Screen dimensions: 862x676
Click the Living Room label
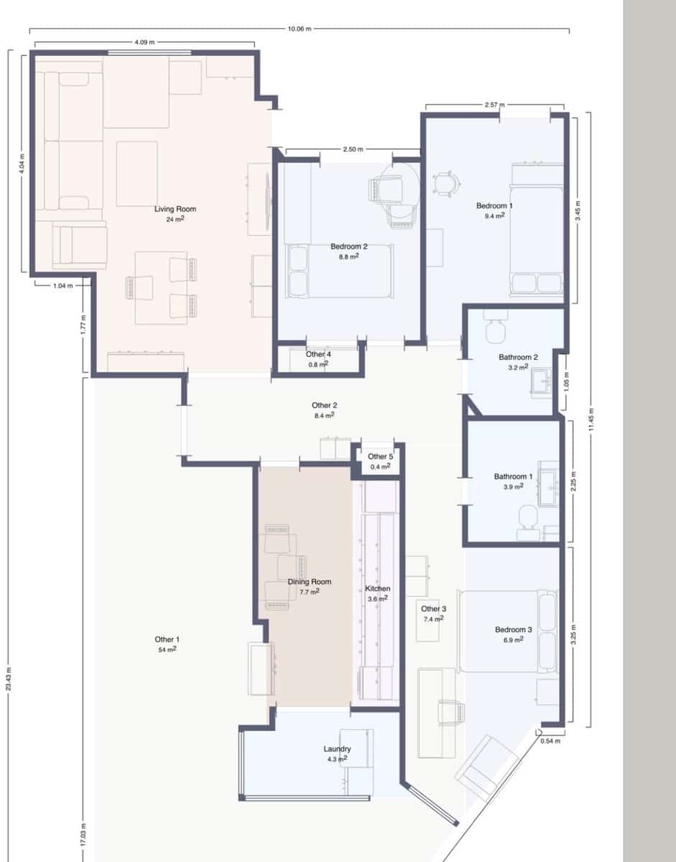[x=175, y=209]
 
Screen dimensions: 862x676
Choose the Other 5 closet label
[x=380, y=457]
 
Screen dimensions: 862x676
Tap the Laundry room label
[x=337, y=749]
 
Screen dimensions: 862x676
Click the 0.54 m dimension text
[x=550, y=741]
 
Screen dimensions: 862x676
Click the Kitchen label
[x=378, y=589]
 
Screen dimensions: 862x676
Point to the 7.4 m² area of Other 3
[x=435, y=618]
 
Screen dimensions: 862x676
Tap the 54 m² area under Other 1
[x=167, y=649]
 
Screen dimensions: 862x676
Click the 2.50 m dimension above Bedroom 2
[x=352, y=149]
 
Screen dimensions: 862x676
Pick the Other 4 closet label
[x=318, y=354]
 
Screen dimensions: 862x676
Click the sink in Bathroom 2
[x=541, y=381]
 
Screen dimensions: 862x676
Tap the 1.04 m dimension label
[x=63, y=285]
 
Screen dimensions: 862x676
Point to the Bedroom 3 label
[x=513, y=630]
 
